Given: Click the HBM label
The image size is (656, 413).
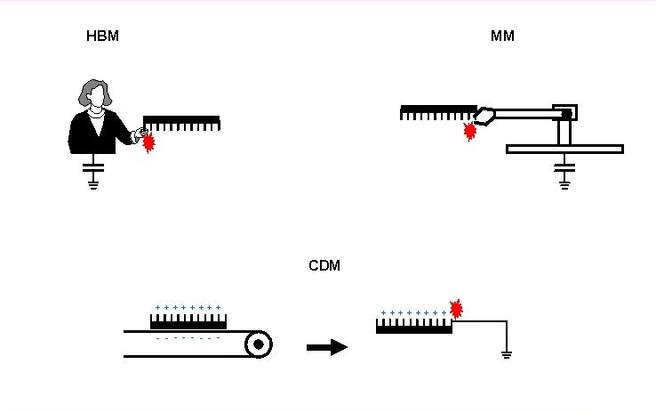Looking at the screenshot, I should click(x=102, y=36).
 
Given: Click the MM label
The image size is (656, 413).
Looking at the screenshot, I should click(x=502, y=36).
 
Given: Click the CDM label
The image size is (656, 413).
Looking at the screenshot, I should click(x=324, y=266).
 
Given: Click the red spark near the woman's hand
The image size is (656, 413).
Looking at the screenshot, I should click(x=149, y=142).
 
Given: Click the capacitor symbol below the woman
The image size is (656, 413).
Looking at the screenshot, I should click(x=93, y=166).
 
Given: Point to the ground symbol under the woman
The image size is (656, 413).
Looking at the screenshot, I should click(x=93, y=184).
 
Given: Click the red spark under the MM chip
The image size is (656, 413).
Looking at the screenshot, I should click(x=470, y=132).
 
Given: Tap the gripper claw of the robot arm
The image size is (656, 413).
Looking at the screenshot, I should click(x=484, y=115).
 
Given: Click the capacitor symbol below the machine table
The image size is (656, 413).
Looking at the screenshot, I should click(x=564, y=166).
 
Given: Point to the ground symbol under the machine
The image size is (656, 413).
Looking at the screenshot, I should click(x=564, y=183).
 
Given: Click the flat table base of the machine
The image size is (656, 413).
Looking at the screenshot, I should click(x=564, y=149).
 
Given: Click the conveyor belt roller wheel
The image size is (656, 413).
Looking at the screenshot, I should click(x=258, y=344).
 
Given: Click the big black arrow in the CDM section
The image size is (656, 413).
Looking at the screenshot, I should click(x=326, y=347).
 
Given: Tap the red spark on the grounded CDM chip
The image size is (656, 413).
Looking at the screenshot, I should click(x=456, y=309).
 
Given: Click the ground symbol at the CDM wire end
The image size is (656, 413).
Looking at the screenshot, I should click(x=507, y=354).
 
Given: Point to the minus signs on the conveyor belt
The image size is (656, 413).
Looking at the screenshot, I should click(x=188, y=337).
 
